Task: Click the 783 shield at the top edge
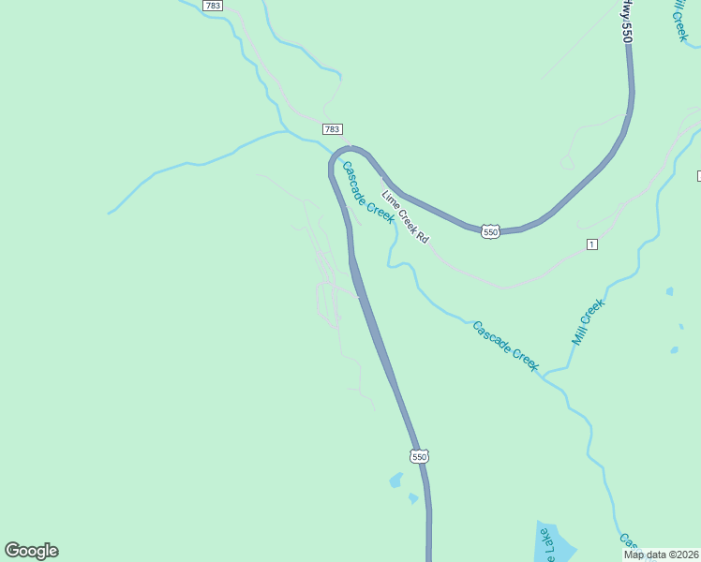coord(213,6)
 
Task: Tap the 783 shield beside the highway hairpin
coord(332,129)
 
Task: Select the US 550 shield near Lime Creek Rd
coord(490,230)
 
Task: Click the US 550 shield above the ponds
coord(419,456)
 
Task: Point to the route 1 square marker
coord(591,244)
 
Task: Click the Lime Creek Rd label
coord(405,217)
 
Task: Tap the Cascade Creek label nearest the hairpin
coord(366,192)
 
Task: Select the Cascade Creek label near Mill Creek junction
coord(505,346)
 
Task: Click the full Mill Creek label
coord(589,321)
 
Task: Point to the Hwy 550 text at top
coord(627,20)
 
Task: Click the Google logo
coord(31,551)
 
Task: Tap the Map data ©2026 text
coord(662,555)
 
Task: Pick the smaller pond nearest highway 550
coord(413,498)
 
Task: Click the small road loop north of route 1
coord(566,162)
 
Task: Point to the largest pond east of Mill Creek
coord(674,351)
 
